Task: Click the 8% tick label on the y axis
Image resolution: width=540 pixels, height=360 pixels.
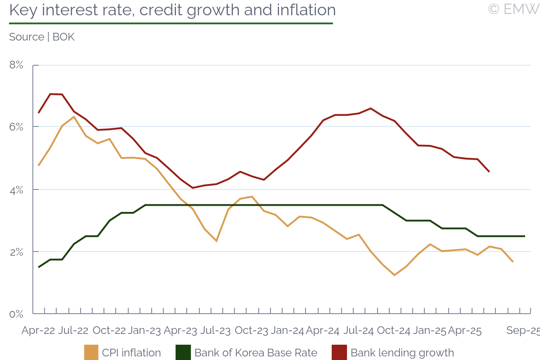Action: point(16,65)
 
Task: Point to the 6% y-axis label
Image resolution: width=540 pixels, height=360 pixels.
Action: point(16,127)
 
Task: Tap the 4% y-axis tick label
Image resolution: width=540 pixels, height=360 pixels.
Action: point(16,189)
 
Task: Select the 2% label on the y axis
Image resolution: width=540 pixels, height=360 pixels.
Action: point(16,252)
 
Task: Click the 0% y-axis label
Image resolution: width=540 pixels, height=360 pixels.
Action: point(16,314)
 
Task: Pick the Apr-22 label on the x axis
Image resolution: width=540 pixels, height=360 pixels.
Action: point(38,331)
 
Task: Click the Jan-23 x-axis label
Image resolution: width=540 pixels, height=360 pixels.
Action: point(144,331)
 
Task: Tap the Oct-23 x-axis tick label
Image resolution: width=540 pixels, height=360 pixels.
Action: point(252,331)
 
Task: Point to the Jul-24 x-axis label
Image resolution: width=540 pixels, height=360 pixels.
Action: point(358,331)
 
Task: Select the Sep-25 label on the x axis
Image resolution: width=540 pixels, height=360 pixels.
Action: point(522,331)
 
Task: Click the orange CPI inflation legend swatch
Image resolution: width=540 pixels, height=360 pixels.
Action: point(91,353)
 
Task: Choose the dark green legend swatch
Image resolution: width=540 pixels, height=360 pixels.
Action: point(183,353)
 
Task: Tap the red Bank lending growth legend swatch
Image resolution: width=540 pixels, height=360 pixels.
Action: point(339,353)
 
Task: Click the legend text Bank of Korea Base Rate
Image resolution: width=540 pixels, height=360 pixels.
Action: point(256,353)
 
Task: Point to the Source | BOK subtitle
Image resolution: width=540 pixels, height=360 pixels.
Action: point(42,37)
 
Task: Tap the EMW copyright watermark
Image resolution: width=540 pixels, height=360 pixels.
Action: point(513,9)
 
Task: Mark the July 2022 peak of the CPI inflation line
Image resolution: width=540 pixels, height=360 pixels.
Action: point(74,117)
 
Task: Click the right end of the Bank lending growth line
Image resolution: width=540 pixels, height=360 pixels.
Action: point(489,171)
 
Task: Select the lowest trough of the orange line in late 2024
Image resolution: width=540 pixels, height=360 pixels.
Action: point(395,275)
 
